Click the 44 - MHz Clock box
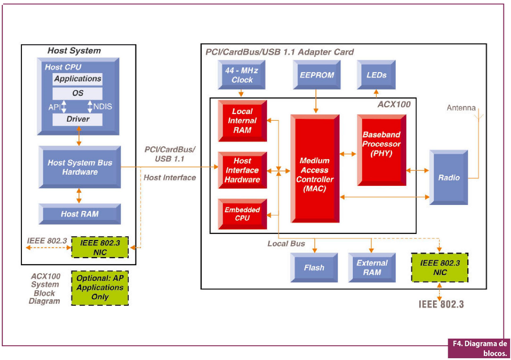click(242, 75)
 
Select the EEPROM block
click(317, 75)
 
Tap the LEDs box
click(376, 75)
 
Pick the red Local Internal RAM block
click(242, 121)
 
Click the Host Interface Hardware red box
click(242, 170)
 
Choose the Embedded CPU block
click(242, 214)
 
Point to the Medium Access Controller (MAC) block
click(315, 169)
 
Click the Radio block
click(449, 177)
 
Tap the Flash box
click(314, 268)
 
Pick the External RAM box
click(372, 268)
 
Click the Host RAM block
click(80, 214)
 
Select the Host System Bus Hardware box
click(80, 167)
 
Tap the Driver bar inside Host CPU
click(78, 119)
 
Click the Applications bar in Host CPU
click(78, 79)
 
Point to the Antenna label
click(461, 108)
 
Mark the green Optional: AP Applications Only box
click(100, 288)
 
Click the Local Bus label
click(286, 244)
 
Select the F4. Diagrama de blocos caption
click(479, 348)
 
